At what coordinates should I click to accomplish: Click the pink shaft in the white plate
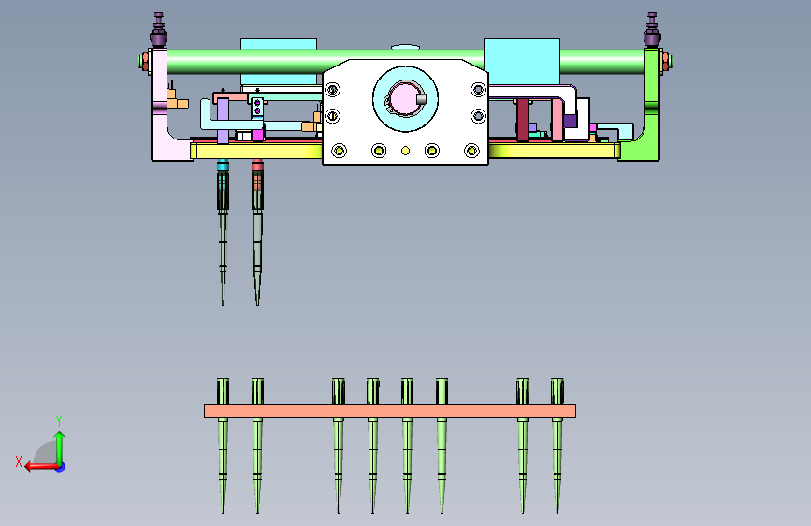[x=403, y=99]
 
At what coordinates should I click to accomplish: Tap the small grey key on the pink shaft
[x=421, y=98]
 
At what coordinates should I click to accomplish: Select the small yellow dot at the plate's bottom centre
[x=406, y=151]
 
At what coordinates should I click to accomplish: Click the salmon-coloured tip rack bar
[x=390, y=411]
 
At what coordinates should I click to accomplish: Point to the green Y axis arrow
[x=60, y=449]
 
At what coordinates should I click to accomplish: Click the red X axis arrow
[x=41, y=466]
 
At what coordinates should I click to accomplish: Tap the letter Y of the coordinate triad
[x=59, y=421]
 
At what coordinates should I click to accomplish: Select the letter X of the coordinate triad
[x=19, y=461]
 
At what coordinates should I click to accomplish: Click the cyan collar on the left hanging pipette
[x=223, y=167]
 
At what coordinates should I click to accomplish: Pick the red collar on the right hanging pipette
[x=257, y=167]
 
